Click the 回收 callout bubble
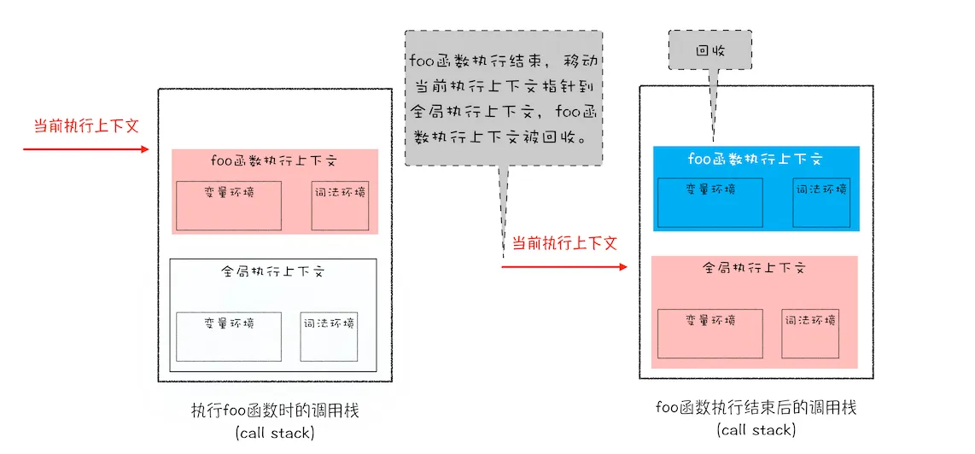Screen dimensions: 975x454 709,50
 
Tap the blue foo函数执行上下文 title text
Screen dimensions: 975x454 756,159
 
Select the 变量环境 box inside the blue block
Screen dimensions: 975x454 709,203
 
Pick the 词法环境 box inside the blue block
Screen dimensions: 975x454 820,203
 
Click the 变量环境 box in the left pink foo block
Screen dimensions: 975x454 229,206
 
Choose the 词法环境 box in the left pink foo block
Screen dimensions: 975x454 339,206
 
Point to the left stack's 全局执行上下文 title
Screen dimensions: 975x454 273,271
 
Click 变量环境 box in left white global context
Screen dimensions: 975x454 229,336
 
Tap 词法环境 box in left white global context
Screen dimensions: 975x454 329,336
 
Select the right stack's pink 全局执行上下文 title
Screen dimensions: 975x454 755,269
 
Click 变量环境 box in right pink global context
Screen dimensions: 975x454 710,334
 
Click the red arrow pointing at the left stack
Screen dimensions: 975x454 86,149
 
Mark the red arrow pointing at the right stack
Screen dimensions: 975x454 564,267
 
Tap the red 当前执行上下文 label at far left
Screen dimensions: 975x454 85,125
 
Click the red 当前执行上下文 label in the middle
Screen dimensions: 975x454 564,243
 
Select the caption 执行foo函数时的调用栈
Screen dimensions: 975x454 276,411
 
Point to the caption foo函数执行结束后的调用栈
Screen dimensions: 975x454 756,408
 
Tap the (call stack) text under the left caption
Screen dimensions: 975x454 276,434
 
